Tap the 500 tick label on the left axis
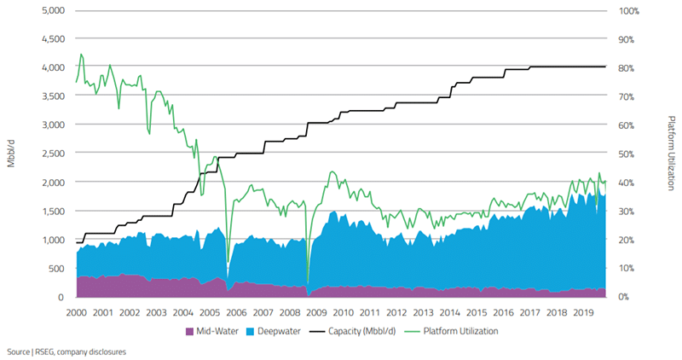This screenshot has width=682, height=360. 57,269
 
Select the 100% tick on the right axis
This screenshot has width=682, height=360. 628,11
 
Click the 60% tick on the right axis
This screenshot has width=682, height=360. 627,125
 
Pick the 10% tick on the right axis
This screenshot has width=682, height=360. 627,269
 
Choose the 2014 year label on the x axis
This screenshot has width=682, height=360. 449,313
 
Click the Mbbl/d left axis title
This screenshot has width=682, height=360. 11,154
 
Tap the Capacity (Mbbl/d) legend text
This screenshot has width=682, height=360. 357,331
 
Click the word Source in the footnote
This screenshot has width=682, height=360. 19,351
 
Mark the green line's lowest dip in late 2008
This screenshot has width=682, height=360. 307,282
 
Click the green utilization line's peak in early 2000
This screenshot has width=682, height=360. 81,55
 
